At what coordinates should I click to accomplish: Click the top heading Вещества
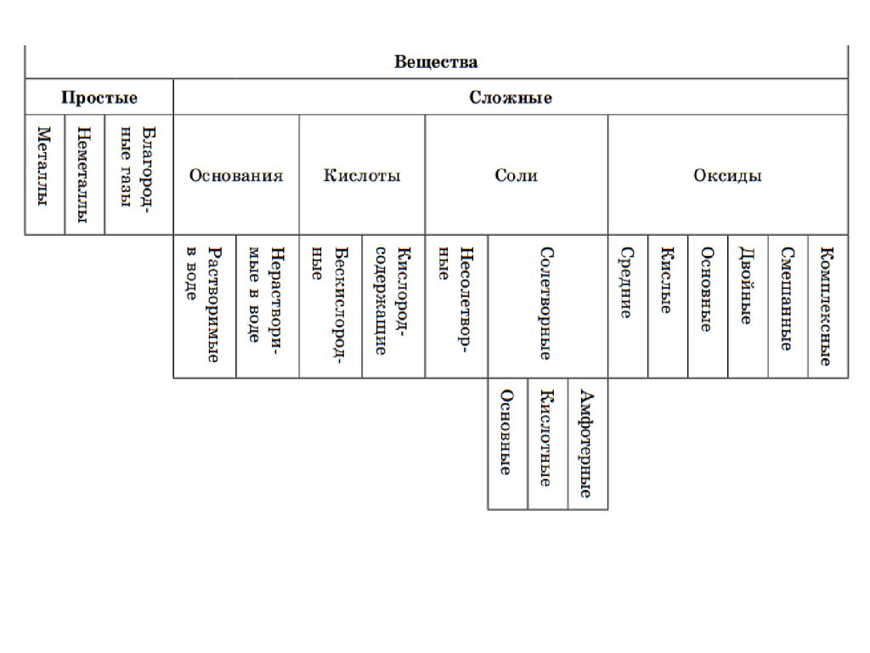436,62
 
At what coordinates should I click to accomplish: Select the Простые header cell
99,98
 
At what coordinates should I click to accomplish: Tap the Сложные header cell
511,98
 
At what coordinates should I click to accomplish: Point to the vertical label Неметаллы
84,175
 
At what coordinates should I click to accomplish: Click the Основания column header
236,176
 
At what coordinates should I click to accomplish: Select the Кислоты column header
362,176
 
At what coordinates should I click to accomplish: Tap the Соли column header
516,176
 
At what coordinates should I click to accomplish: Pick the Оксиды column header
727,176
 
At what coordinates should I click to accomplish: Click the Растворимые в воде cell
205,306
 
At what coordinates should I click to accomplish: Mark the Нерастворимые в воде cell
267,306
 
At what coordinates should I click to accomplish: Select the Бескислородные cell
330,306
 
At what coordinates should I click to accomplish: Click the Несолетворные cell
455,306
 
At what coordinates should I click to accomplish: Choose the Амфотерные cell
587,444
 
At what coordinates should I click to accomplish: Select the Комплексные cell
828,306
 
